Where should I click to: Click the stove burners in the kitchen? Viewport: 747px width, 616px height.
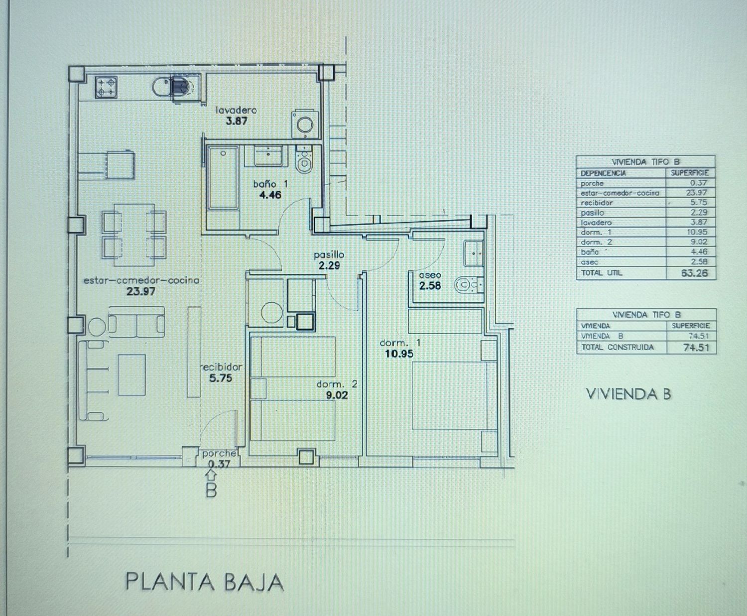pos(106,87)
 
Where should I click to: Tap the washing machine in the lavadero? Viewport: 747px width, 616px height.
pos(303,123)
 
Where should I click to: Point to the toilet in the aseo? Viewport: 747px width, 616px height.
pos(466,284)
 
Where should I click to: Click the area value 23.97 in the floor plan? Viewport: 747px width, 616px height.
pos(141,291)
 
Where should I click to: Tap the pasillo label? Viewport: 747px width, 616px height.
pos(329,255)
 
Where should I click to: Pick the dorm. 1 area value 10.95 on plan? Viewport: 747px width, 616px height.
pos(399,354)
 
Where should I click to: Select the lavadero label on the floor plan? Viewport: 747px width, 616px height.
pos(236,110)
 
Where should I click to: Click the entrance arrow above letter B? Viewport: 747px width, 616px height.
pos(211,476)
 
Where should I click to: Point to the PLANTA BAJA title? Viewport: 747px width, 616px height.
pos(204,582)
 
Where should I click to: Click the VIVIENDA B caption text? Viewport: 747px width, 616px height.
pos(628,394)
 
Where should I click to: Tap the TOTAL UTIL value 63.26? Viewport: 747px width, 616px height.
pos(694,273)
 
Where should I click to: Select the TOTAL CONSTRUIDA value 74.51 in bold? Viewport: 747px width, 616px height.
pos(696,348)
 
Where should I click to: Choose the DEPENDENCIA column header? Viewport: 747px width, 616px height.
pos(603,173)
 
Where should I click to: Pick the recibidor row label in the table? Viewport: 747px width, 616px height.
pos(597,203)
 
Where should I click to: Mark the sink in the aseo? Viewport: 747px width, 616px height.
pos(472,252)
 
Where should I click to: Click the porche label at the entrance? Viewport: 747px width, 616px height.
pos(219,454)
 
